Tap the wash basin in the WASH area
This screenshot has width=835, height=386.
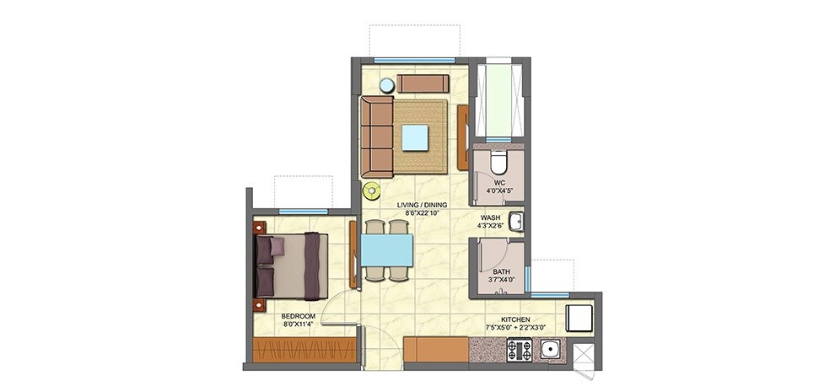519,223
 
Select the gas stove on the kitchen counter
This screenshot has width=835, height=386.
518,349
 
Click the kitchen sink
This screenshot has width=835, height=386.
552,349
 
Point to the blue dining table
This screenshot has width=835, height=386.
386,249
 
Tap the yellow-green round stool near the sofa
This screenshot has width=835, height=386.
371,191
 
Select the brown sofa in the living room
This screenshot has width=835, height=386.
377,136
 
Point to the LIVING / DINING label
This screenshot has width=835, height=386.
423,205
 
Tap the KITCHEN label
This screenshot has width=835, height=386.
514,319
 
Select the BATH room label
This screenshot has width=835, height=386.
501,271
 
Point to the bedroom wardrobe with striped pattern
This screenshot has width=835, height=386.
304,349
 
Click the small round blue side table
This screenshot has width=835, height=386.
386,85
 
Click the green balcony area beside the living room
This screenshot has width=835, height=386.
498,99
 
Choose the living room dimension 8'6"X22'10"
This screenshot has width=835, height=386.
423,214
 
